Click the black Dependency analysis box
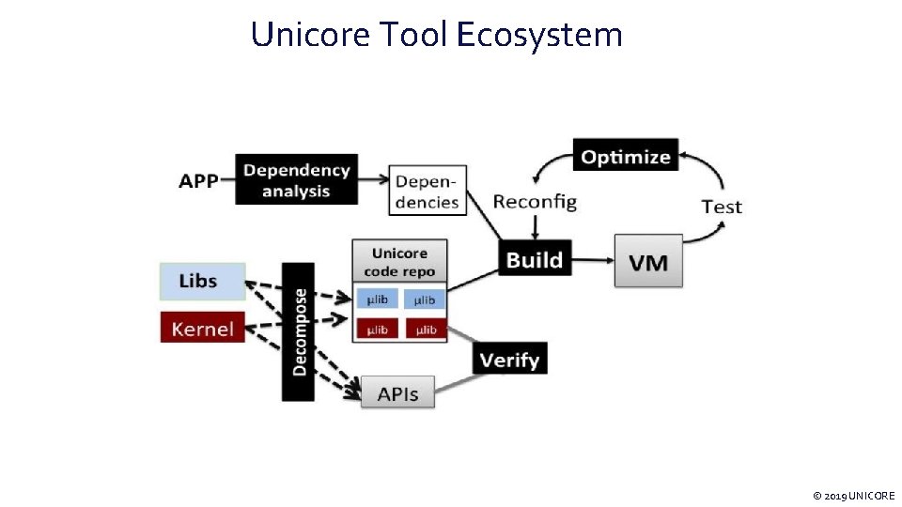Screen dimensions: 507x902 pyautogui.click(x=296, y=179)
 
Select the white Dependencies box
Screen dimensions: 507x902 pyautogui.click(x=428, y=191)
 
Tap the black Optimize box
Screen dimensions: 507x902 pyautogui.click(x=626, y=156)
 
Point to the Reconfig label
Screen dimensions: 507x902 pyautogui.click(x=535, y=201)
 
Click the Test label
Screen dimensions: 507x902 pyautogui.click(x=722, y=207)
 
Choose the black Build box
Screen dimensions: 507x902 pyautogui.click(x=535, y=259)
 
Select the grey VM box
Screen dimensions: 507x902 pyautogui.click(x=648, y=261)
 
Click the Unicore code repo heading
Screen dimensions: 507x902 pyautogui.click(x=399, y=262)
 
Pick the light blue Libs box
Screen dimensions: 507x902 pyautogui.click(x=203, y=280)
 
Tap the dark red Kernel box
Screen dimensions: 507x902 pyautogui.click(x=203, y=328)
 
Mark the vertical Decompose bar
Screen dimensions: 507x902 pyautogui.click(x=299, y=331)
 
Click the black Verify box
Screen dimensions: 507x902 pyautogui.click(x=509, y=359)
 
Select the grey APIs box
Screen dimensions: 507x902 pyautogui.click(x=397, y=392)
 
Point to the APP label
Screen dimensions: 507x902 pyautogui.click(x=198, y=180)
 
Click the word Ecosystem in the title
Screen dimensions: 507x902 pyautogui.click(x=539, y=35)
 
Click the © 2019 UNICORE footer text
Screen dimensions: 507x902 pyautogui.click(x=853, y=495)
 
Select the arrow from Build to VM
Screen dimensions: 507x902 pyautogui.click(x=592, y=259)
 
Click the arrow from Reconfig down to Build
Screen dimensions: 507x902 pyautogui.click(x=535, y=228)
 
